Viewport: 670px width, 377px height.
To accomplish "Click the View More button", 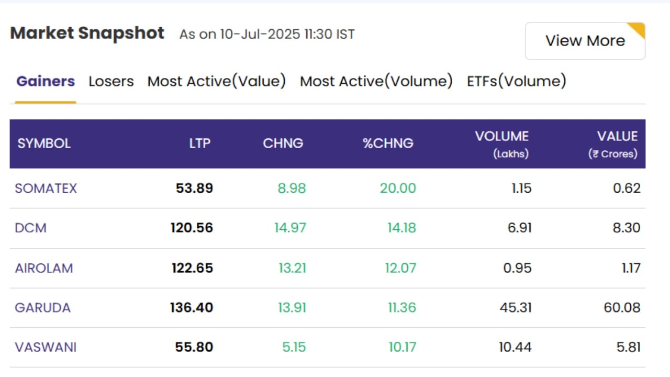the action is click(x=585, y=41).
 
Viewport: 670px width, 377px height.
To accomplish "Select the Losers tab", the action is click(x=111, y=81).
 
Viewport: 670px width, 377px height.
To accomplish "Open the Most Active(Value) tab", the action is click(x=217, y=81).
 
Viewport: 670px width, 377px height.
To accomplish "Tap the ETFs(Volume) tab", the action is click(x=517, y=81).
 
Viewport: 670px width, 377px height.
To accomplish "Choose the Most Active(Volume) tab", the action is click(x=376, y=81).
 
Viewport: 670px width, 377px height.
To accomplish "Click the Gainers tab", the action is click(x=46, y=81).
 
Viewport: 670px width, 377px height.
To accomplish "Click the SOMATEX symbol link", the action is click(x=46, y=188).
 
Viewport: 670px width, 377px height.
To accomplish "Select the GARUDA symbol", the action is click(x=42, y=308).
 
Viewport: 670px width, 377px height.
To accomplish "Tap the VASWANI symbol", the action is click(x=46, y=347).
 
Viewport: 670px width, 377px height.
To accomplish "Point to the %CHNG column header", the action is click(x=388, y=143).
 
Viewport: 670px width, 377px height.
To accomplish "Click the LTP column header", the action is click(x=200, y=143).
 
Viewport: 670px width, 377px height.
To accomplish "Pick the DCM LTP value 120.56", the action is click(x=192, y=228).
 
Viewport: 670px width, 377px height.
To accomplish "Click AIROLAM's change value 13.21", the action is click(x=292, y=268).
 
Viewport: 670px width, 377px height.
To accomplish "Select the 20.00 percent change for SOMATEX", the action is click(x=398, y=188).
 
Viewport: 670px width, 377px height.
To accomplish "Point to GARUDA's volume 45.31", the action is click(x=516, y=308).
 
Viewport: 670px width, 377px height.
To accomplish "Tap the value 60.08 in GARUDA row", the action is click(x=622, y=308).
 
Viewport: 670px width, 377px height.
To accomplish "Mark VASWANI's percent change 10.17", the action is click(x=403, y=347).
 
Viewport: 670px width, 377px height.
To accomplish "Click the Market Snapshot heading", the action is click(x=87, y=33).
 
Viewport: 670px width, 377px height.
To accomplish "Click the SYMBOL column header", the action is click(x=44, y=143).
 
